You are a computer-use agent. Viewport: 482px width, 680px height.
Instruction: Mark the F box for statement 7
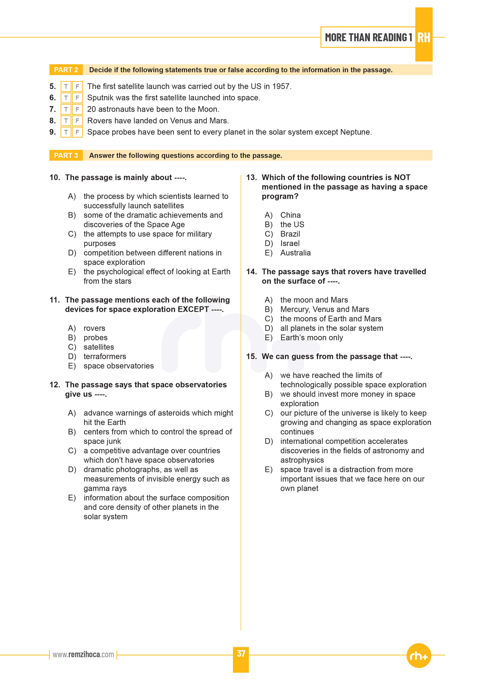coord(77,109)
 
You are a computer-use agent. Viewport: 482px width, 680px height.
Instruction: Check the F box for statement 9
coord(77,132)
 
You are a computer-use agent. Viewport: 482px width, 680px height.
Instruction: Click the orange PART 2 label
coord(66,70)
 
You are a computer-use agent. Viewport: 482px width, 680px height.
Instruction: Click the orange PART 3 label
coord(66,156)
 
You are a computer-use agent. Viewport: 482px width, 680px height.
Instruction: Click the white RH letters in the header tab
coord(424,38)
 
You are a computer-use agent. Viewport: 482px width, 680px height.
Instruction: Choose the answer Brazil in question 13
coord(290,234)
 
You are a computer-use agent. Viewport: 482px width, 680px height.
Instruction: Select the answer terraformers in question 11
coord(105,357)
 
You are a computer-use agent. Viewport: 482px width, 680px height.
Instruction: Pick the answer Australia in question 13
coord(295,253)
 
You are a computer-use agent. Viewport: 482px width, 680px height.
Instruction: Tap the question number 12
coord(55,385)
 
